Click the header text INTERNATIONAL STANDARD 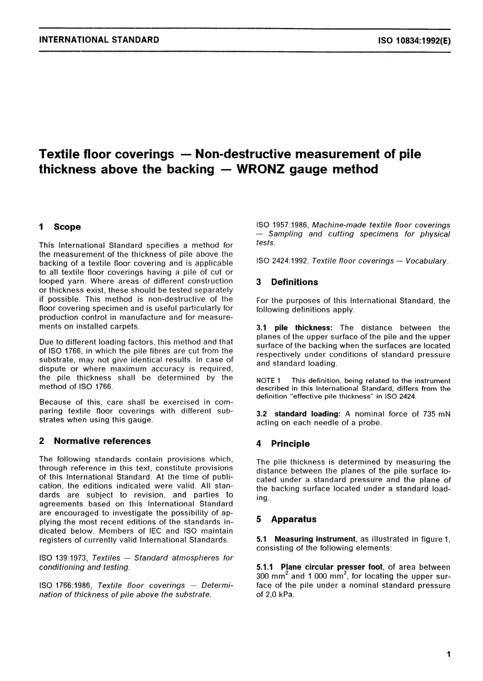(99, 40)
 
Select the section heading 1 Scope (60, 227)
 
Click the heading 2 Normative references (95, 441)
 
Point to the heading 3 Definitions (287, 282)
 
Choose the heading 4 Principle (283, 443)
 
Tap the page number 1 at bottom (448, 655)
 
